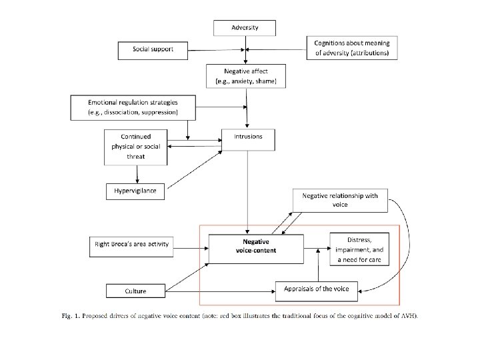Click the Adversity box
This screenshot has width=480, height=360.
244,28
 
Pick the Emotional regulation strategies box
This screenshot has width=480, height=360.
133,107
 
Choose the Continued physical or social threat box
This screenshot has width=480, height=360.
135,147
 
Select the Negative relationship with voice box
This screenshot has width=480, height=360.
339,200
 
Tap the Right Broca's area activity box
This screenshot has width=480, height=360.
131,244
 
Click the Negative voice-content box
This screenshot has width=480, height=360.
256,248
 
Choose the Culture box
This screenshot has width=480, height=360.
135,291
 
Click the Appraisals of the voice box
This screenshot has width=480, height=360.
317,289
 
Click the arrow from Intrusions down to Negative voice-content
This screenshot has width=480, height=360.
248,193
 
